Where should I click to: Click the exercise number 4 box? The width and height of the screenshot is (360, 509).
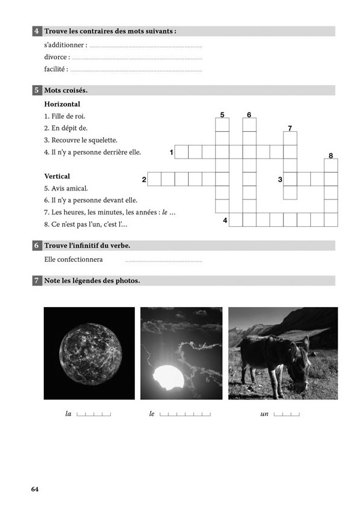pos(37,31)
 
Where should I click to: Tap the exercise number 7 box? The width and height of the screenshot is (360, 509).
pos(37,280)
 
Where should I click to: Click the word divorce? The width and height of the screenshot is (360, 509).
pos(57,57)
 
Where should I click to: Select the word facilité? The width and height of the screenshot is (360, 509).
pos(56,69)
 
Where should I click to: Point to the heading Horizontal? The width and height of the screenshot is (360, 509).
pos(62,104)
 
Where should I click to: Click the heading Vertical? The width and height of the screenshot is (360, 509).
pos(58,176)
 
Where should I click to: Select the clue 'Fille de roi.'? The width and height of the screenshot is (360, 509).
pos(65,116)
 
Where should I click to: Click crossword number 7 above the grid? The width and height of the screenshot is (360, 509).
pos(290,128)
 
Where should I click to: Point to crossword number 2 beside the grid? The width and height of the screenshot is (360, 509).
pos(144,179)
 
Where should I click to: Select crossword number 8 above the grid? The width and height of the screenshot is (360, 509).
pos(331,156)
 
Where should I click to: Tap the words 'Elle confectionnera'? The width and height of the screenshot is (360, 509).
pos(74,260)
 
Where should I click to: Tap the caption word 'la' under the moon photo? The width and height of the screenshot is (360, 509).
pos(68,414)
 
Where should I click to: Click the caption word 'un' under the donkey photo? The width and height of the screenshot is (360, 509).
pos(264,414)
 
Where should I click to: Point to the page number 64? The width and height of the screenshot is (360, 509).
pos(35,489)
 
